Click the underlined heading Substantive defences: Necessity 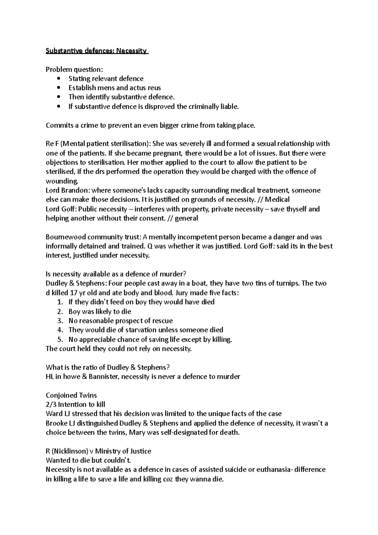coord(96,51)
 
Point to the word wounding coord(61,181)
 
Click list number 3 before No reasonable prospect coord(60,321)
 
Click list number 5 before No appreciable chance coord(60,339)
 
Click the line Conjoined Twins coord(71,395)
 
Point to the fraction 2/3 coord(51,405)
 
